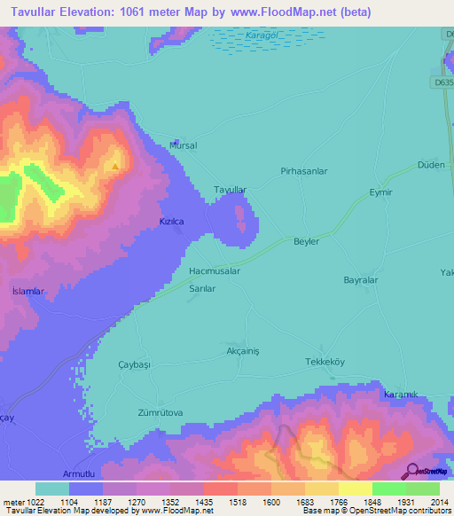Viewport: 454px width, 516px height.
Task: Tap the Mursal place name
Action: coord(183,145)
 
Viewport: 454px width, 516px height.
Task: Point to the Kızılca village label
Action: coord(170,222)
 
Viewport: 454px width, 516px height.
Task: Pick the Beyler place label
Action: coord(306,241)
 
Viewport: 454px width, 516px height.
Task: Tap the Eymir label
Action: coord(380,192)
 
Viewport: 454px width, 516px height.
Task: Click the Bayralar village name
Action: coord(361,280)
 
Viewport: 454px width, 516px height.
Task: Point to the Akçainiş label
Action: coord(242,350)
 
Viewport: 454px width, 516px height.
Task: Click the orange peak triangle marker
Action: coord(114,166)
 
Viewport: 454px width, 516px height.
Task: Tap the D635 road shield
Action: coord(443,82)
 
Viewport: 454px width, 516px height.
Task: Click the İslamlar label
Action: coord(27,291)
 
